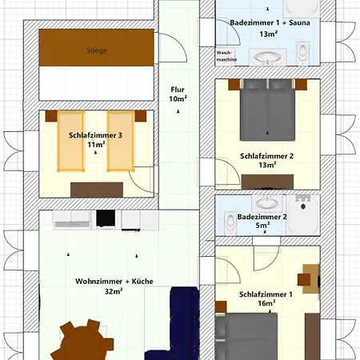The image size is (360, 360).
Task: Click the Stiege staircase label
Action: coord(96,50)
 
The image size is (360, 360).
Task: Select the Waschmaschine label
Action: coord(226,55)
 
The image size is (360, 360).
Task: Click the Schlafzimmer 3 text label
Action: coord(95,135)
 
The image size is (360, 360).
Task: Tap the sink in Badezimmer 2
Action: coord(230,219)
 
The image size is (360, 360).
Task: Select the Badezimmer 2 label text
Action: coord(262,217)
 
